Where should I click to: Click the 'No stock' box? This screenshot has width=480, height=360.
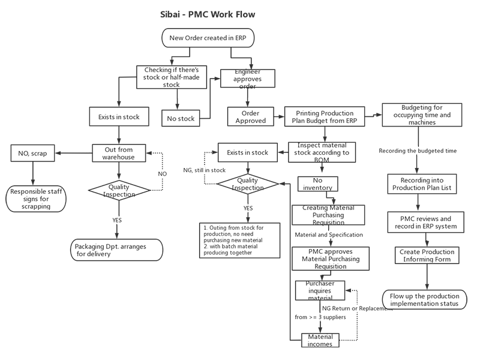[180, 118]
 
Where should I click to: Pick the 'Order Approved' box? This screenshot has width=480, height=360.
[254, 116]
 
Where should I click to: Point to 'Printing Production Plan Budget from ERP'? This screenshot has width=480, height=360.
[328, 116]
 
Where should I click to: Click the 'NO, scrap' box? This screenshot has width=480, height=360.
[34, 153]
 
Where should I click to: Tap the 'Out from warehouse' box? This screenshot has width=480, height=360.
[119, 153]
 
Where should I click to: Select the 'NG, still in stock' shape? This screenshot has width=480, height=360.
[204, 170]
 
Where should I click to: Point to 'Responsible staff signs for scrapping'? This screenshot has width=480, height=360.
[38, 199]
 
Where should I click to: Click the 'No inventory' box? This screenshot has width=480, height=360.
[317, 184]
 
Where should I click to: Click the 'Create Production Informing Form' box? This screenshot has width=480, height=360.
[427, 256]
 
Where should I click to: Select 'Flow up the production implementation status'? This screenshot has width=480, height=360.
[424, 300]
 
